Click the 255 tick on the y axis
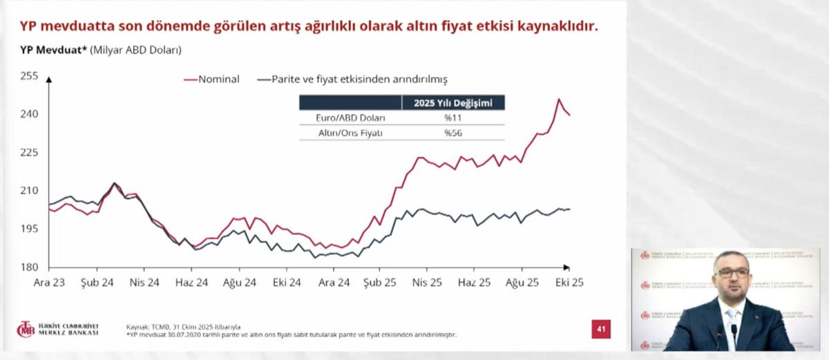pos(30,75)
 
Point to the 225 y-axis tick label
pos(30,152)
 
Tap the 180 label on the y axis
pos(30,267)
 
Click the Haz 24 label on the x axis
pos(191,282)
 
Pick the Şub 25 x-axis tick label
pos(381,282)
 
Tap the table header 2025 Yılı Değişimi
pos(453,104)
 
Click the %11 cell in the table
pos(452,118)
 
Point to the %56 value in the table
pos(452,133)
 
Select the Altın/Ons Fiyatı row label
pos(350,133)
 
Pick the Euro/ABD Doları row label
pos(350,118)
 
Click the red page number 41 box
pos(601,329)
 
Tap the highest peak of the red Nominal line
pos(558,99)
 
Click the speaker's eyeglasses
pos(732,273)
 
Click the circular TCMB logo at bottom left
pos(26,329)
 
